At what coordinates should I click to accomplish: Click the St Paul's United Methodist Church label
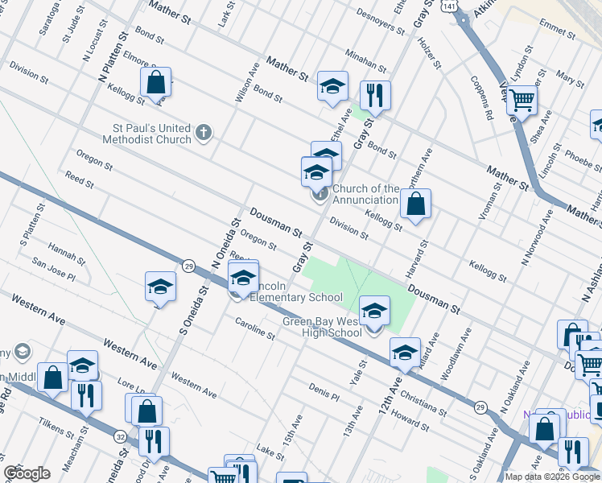(151, 134)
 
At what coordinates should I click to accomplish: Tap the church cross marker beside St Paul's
(204, 132)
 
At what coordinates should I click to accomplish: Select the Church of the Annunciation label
(365, 194)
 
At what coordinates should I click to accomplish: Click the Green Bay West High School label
(321, 327)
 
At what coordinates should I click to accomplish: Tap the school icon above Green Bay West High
(373, 310)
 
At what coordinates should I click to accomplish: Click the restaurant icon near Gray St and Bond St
(374, 95)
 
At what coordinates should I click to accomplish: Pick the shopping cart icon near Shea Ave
(522, 101)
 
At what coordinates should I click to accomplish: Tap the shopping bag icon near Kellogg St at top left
(155, 81)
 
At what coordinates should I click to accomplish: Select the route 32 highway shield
(120, 436)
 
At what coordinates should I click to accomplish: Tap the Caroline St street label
(255, 328)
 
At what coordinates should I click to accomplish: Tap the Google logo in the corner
(27, 473)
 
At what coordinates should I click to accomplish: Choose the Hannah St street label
(66, 254)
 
